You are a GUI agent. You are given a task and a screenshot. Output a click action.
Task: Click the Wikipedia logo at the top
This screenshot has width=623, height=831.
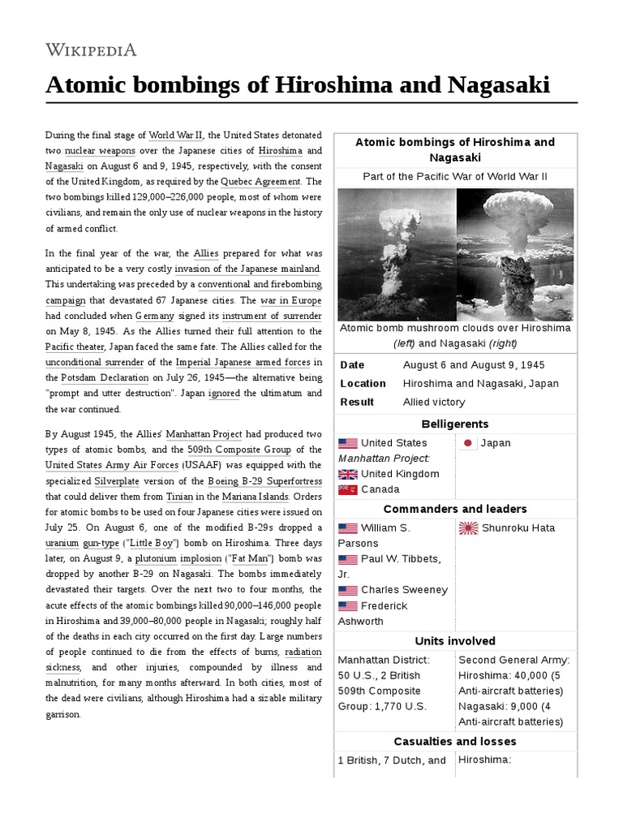(x=91, y=50)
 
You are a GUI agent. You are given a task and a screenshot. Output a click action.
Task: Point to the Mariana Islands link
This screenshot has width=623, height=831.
(x=254, y=496)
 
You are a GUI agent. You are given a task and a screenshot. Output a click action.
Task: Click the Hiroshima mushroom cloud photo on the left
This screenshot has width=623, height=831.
(x=397, y=254)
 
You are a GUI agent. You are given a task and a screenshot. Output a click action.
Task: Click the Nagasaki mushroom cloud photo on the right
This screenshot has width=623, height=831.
(x=515, y=254)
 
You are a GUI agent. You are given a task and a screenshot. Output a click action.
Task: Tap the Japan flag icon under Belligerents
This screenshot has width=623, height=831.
(x=468, y=443)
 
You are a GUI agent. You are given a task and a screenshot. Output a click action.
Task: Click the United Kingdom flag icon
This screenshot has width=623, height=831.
(x=348, y=474)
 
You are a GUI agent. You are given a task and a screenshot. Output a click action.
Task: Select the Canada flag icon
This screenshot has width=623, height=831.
(x=348, y=489)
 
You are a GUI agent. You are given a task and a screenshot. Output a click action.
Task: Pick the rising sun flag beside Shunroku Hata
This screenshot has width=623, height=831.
(x=469, y=528)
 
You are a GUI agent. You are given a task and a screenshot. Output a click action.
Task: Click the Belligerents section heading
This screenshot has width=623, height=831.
(x=455, y=424)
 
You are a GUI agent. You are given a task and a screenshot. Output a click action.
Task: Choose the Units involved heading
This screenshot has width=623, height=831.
(x=455, y=641)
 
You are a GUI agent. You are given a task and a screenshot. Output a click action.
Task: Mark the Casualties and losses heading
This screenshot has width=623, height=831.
(x=455, y=741)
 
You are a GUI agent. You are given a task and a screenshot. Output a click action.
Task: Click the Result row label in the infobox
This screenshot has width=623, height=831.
(x=357, y=402)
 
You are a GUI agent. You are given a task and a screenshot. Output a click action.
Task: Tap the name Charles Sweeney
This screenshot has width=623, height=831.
(x=404, y=590)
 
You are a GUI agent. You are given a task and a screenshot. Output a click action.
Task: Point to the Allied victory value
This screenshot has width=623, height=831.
(x=434, y=402)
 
